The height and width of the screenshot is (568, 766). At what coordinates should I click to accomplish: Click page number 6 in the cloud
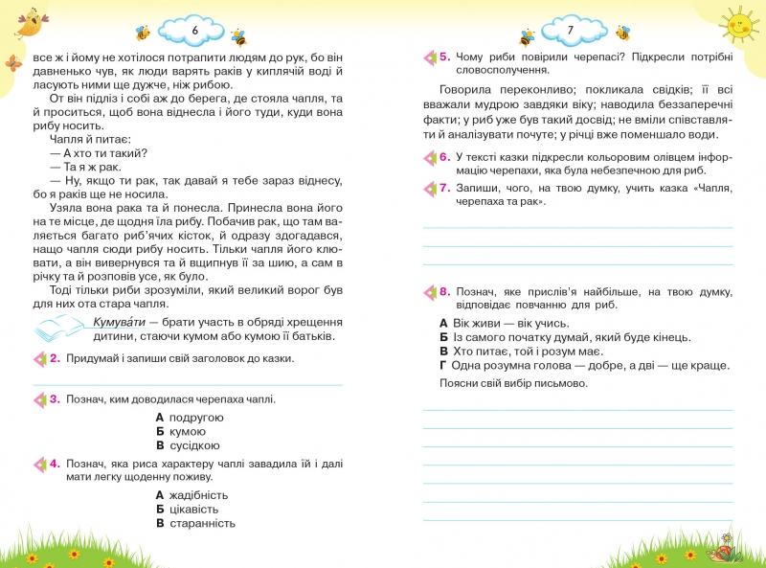(x=194, y=32)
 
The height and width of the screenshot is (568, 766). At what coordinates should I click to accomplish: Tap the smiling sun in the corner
(x=737, y=25)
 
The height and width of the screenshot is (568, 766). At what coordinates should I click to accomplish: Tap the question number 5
(x=444, y=57)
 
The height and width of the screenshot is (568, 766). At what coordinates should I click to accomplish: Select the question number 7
(x=444, y=188)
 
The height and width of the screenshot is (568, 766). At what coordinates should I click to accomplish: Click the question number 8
(x=444, y=290)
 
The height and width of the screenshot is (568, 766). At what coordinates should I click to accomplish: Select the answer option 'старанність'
(x=201, y=523)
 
